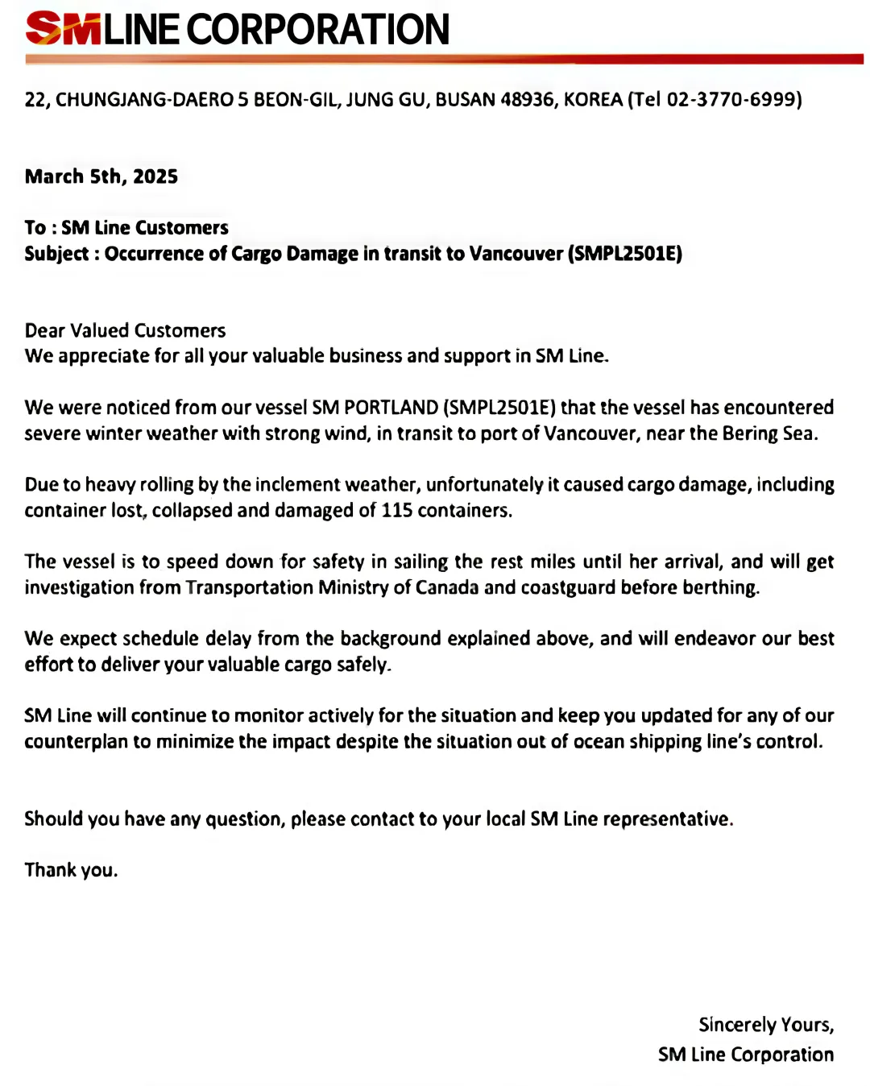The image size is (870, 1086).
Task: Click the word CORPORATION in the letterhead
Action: click(318, 30)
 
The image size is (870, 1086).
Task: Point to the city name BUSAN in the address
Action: click(465, 100)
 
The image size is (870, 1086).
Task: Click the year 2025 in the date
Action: click(155, 177)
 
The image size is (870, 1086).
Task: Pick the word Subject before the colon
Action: click(56, 255)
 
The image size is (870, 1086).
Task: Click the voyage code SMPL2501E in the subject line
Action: click(625, 255)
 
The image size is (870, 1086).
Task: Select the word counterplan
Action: click(77, 742)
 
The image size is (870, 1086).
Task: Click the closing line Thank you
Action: click(71, 870)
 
